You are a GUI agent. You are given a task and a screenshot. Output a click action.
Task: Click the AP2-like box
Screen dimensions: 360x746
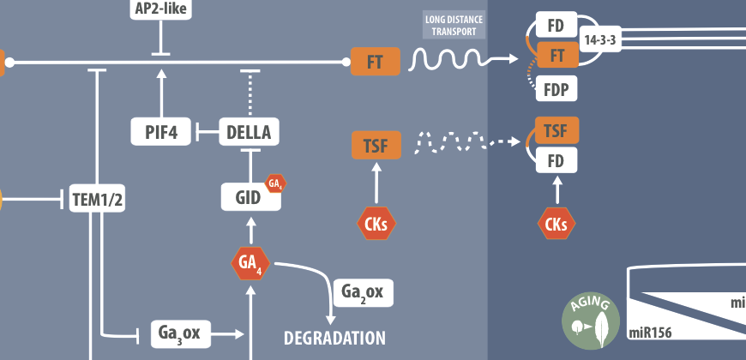coord(161,10)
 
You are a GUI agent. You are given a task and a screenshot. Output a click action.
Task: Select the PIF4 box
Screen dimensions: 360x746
coord(161,132)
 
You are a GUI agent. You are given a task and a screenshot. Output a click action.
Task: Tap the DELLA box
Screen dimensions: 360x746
coord(250,132)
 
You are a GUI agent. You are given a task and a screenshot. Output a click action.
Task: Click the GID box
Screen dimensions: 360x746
coord(248,196)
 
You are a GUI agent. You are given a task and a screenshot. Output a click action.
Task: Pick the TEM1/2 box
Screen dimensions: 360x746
coord(98,199)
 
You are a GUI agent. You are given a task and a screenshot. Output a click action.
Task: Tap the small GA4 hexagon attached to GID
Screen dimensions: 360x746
coord(275,183)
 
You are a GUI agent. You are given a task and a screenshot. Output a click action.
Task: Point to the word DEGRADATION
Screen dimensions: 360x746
coord(334,337)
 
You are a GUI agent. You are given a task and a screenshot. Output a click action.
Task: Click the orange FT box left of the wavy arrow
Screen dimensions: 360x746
coord(376,62)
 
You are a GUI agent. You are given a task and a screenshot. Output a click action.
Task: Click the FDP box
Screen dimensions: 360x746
coord(555,88)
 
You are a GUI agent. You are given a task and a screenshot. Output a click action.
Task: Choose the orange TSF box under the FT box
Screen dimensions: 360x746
coord(376,145)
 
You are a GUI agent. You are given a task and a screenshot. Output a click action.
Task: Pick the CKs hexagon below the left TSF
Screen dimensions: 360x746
coord(376,225)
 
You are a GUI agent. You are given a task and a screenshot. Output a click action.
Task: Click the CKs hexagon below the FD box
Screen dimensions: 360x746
coord(556,225)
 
